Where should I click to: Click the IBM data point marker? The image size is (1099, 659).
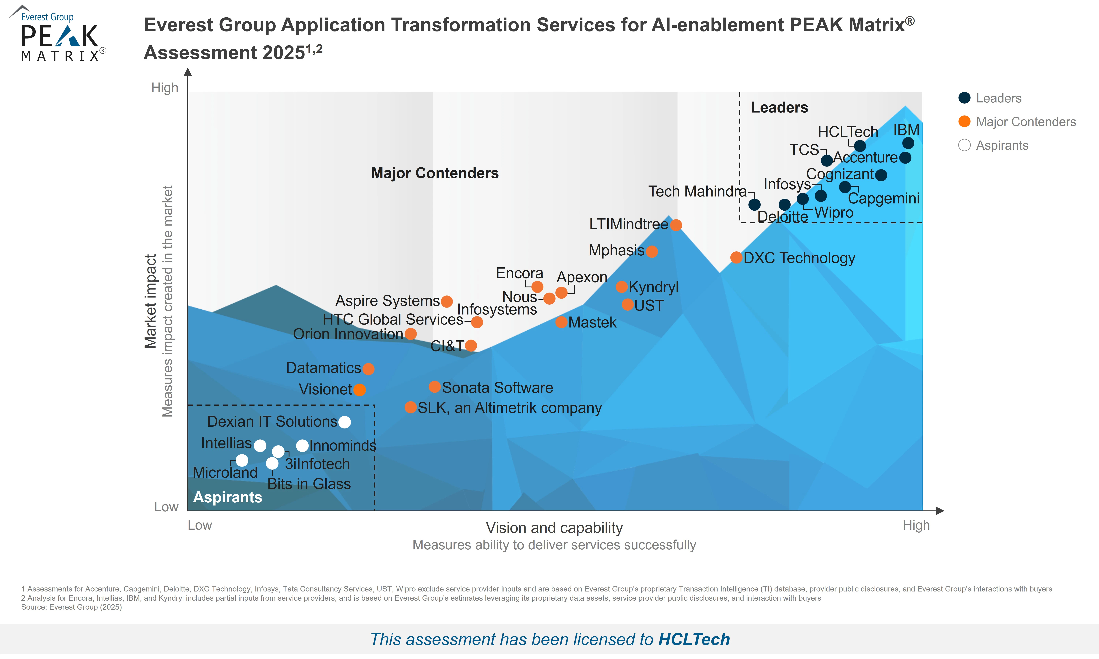(908, 143)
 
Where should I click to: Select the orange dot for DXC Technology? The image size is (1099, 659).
(736, 258)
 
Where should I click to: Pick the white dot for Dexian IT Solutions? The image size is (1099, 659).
(345, 422)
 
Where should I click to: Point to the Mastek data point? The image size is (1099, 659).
(561, 322)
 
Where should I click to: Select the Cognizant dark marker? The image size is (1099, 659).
(881, 175)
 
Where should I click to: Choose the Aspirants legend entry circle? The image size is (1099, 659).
(964, 145)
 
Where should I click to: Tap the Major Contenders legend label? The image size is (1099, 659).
(1026, 122)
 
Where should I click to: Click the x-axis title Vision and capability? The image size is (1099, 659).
(554, 528)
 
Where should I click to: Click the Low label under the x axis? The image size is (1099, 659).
(200, 525)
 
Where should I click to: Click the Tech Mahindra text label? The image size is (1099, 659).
(697, 191)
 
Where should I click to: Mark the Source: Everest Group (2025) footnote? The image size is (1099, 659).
(72, 607)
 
